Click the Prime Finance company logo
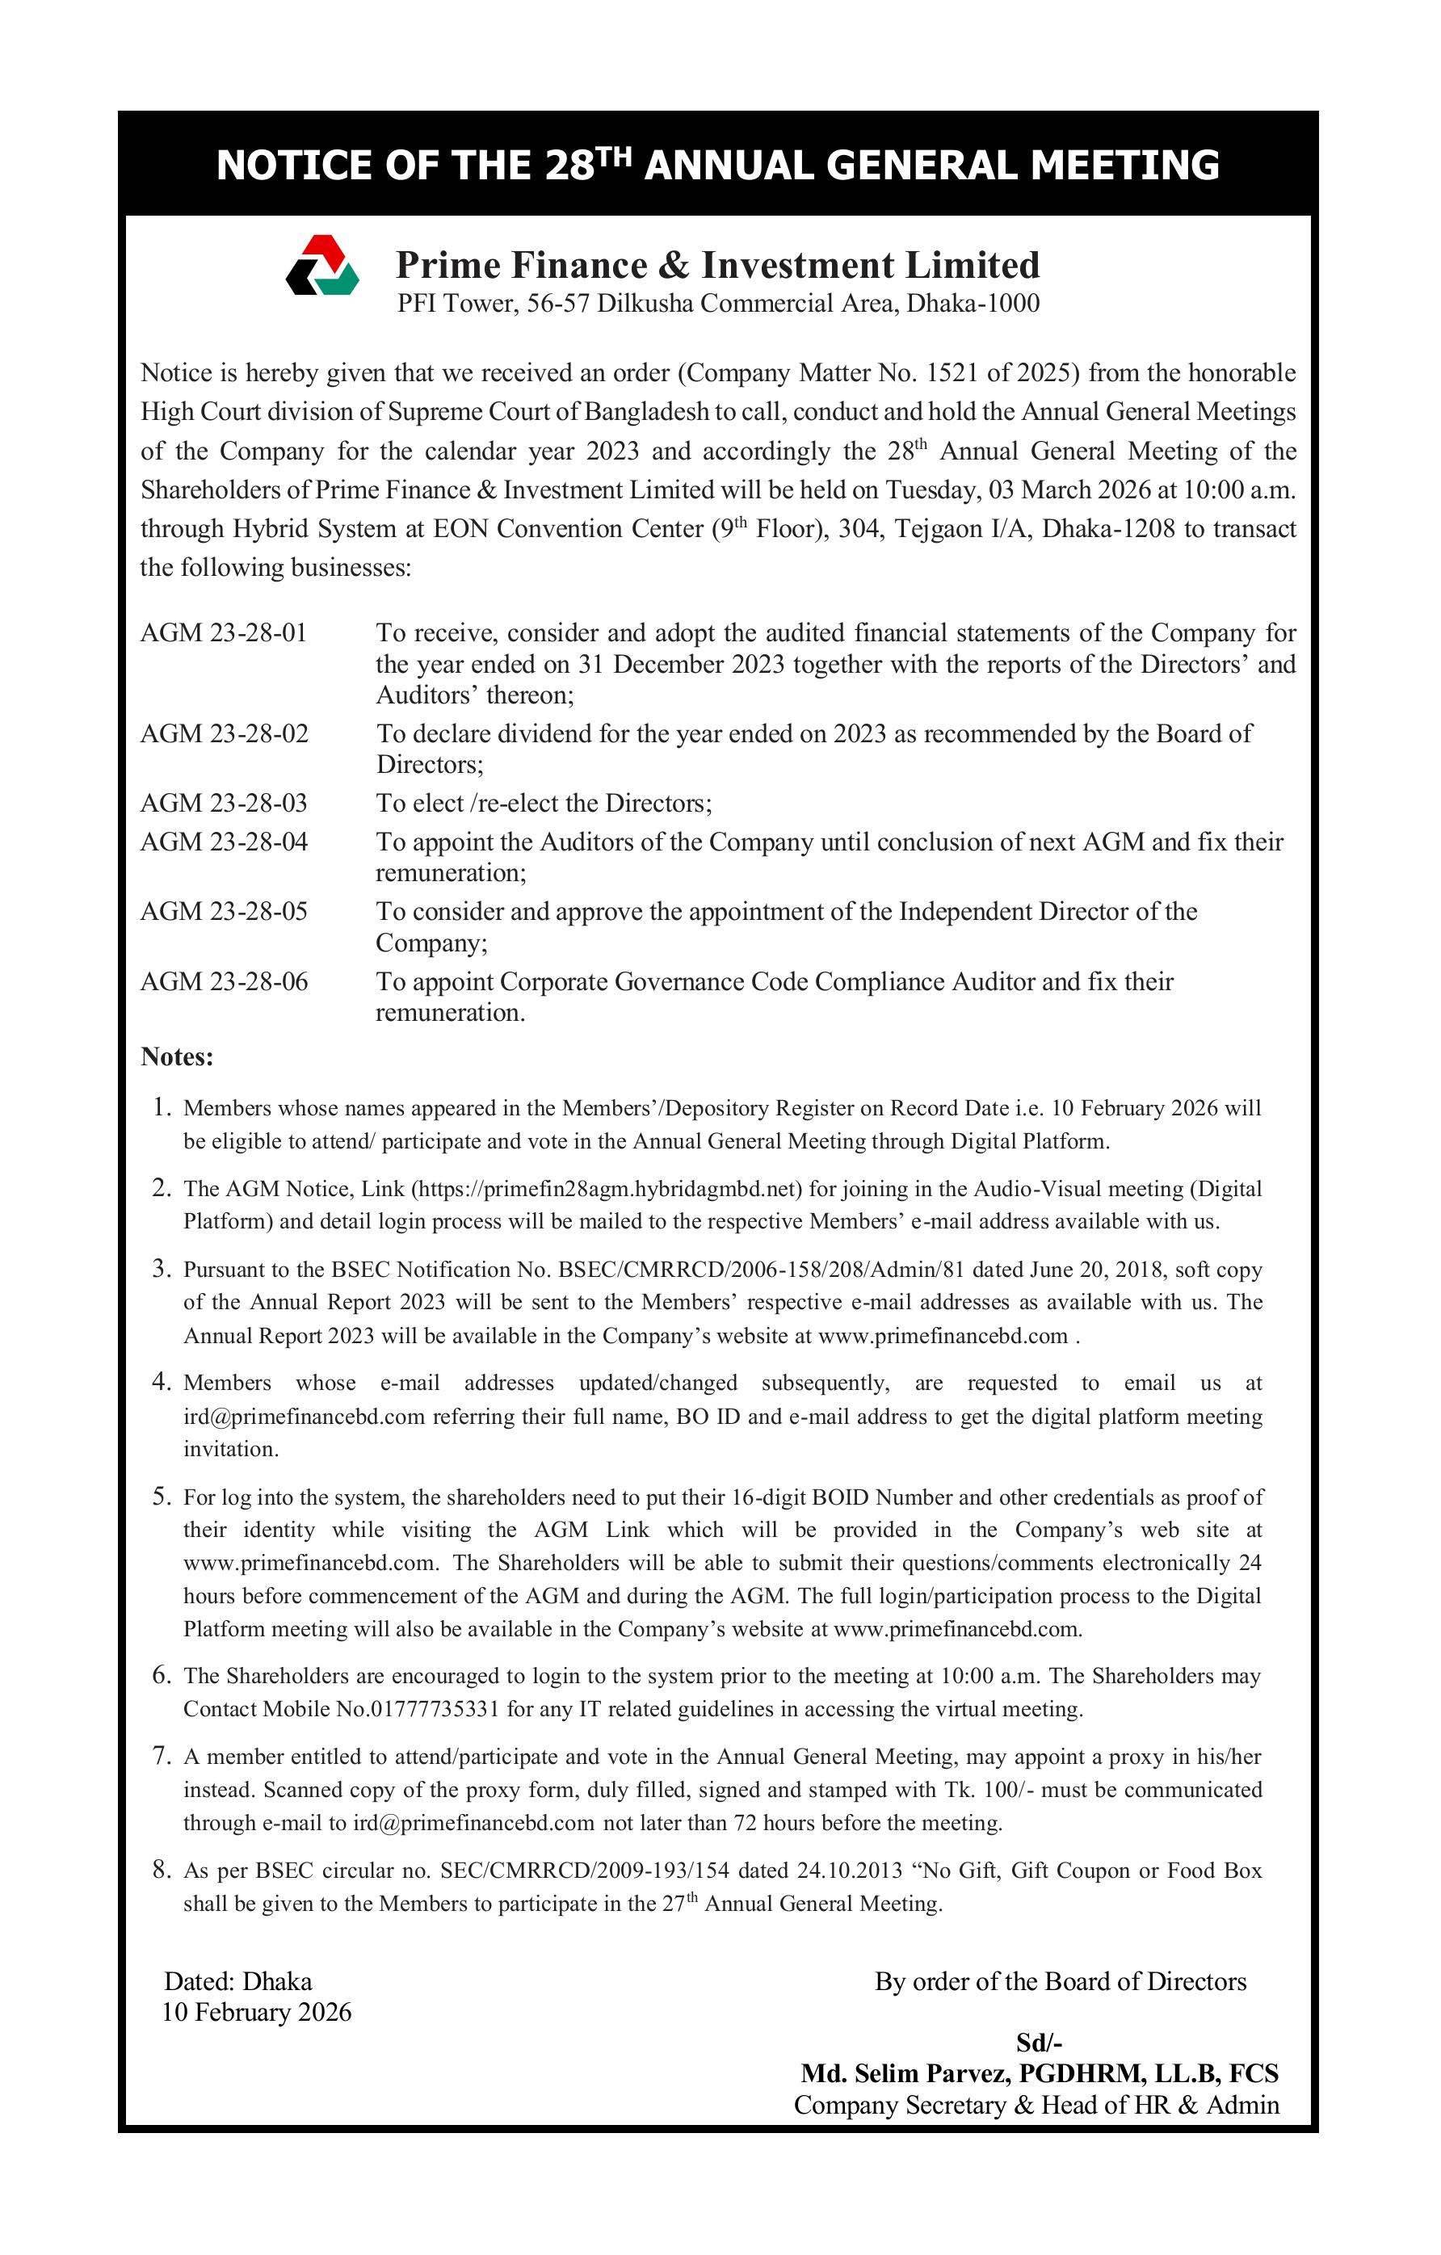[322, 265]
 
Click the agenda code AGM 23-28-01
[224, 633]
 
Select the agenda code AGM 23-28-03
[224, 804]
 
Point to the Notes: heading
[177, 1057]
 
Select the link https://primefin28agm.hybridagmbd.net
[607, 1190]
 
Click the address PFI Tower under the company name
[456, 304]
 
